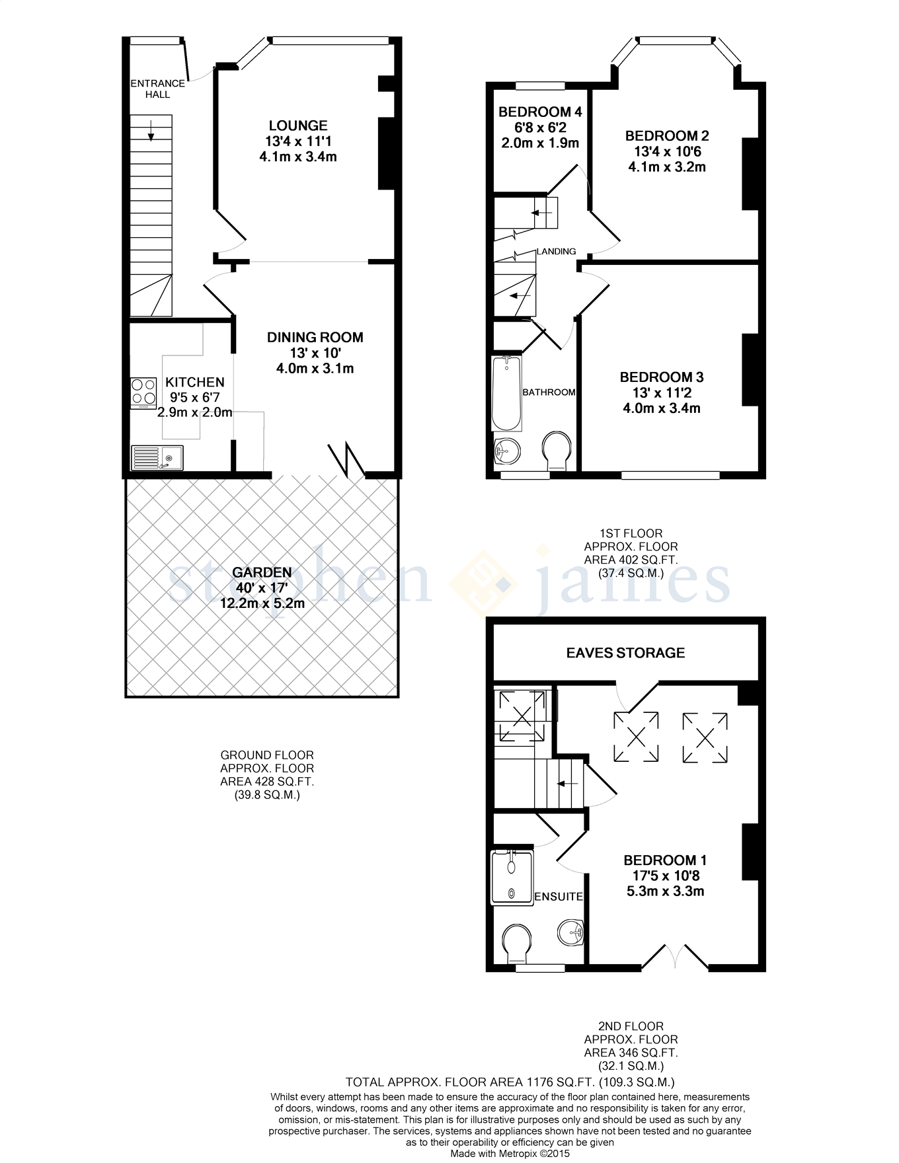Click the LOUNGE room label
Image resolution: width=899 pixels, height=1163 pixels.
click(x=297, y=126)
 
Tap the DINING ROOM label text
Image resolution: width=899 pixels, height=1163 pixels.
click(x=315, y=338)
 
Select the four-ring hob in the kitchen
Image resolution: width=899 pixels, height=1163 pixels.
click(x=143, y=392)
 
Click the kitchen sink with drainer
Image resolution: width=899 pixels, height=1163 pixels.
click(x=157, y=457)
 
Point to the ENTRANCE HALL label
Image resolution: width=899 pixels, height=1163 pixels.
click(x=157, y=89)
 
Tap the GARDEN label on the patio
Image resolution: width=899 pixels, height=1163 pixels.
click(x=262, y=572)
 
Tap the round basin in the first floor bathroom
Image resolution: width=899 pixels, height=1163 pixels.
click(x=508, y=451)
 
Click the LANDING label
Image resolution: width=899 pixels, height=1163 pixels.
click(x=556, y=252)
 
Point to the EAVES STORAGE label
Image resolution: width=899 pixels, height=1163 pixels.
click(x=625, y=653)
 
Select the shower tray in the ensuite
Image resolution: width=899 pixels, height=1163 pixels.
click(x=512, y=878)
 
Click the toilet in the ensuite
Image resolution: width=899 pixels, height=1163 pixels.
click(x=516, y=944)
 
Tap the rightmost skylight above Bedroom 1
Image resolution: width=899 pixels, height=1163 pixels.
click(x=705, y=736)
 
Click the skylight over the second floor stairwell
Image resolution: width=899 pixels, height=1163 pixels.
click(x=522, y=715)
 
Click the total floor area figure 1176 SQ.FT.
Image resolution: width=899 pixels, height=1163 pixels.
click(x=510, y=1082)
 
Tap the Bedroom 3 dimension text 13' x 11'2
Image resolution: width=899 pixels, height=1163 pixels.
click(x=661, y=393)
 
